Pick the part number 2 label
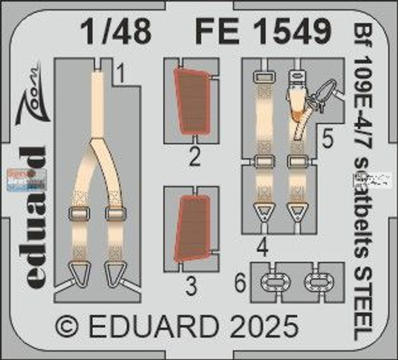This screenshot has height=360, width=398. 194,156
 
